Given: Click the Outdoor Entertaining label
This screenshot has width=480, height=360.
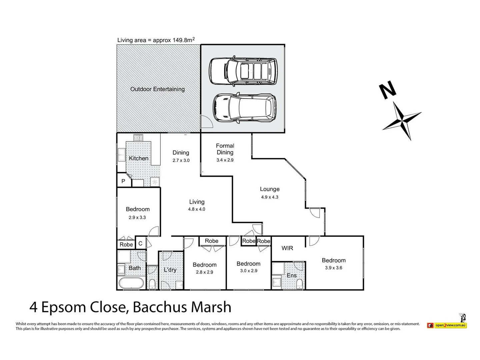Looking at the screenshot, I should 157,89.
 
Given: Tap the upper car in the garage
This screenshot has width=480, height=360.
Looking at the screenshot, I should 243,71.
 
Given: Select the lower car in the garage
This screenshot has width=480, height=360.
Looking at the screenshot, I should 244,108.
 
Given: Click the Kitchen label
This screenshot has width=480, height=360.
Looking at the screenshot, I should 138,158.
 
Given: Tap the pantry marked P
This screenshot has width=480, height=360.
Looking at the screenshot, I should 123,181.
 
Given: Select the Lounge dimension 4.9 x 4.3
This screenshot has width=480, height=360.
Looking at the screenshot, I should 269,197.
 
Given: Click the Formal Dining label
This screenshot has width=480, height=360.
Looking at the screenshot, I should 225,149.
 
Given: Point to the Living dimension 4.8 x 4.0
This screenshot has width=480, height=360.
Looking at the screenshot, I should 197,209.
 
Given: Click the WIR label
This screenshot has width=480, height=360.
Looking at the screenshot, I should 287,248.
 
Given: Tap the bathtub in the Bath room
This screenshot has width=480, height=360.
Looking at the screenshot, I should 131,283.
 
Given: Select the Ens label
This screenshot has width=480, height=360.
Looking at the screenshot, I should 291,275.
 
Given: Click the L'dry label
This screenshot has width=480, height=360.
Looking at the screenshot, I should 170,270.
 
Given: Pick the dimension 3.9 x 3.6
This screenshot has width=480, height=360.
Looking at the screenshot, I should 333,268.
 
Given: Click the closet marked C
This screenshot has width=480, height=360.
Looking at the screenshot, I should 140,244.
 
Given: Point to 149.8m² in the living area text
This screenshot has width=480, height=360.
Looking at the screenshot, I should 183,40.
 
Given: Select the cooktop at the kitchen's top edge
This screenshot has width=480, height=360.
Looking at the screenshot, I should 138,137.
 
